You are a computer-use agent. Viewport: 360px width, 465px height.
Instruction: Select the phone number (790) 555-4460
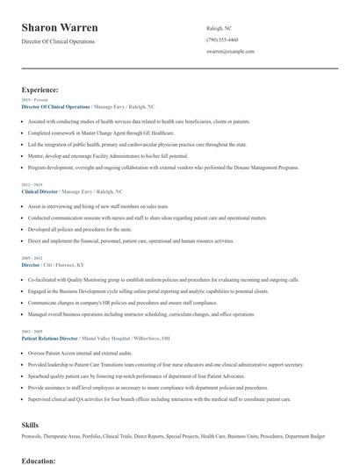click(222, 39)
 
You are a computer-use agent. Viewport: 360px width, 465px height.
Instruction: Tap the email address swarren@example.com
click(230, 52)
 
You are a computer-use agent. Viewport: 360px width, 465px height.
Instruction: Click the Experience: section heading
click(40, 89)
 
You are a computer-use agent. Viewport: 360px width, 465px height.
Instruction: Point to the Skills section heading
click(30, 423)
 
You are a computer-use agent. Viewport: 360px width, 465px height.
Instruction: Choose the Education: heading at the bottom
click(39, 460)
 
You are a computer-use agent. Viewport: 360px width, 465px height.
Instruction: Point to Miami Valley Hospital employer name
click(106, 338)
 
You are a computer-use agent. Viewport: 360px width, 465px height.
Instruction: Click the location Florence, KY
click(71, 265)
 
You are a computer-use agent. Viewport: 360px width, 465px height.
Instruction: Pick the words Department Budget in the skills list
click(305, 437)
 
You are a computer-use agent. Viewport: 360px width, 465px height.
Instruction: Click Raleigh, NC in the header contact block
click(219, 28)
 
